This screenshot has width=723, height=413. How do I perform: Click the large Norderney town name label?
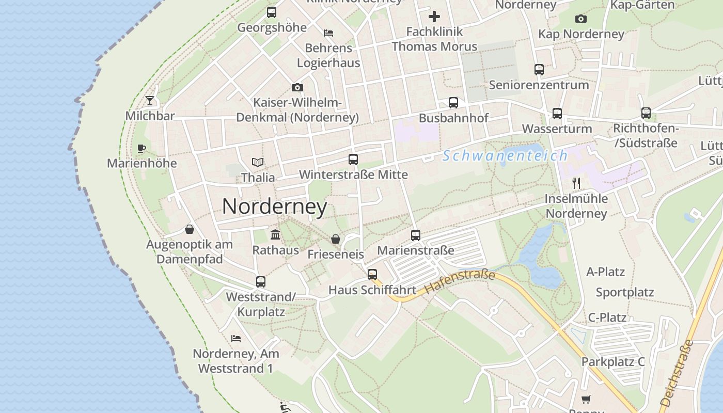click(x=274, y=206)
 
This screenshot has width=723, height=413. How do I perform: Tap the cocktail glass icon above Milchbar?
click(x=150, y=100)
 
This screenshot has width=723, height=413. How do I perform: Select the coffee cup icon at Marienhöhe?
click(x=142, y=149)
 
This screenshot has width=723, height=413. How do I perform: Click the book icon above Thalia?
click(x=258, y=162)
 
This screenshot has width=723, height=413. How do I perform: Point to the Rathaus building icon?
click(x=275, y=235)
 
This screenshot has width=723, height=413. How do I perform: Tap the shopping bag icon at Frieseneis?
click(x=336, y=239)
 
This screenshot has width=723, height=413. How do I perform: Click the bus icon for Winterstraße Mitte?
click(x=353, y=160)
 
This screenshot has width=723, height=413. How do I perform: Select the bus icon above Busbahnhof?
click(x=453, y=103)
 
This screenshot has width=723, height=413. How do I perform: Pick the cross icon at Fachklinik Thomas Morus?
click(x=434, y=17)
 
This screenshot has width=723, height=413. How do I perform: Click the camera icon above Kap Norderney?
click(x=581, y=19)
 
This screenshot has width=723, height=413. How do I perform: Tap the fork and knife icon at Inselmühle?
click(x=576, y=183)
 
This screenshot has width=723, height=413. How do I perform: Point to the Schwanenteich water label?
click(x=505, y=155)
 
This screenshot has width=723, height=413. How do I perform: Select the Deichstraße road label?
click(x=676, y=372)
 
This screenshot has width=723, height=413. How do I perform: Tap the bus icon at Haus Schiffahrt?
click(x=372, y=275)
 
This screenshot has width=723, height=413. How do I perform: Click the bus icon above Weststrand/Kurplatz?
click(x=261, y=282)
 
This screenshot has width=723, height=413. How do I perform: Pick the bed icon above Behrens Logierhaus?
click(x=328, y=33)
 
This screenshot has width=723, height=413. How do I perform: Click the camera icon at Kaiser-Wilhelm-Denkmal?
click(x=297, y=88)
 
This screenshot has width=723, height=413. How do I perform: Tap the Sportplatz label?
click(x=625, y=292)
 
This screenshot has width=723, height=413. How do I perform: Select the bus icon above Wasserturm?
click(x=557, y=114)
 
